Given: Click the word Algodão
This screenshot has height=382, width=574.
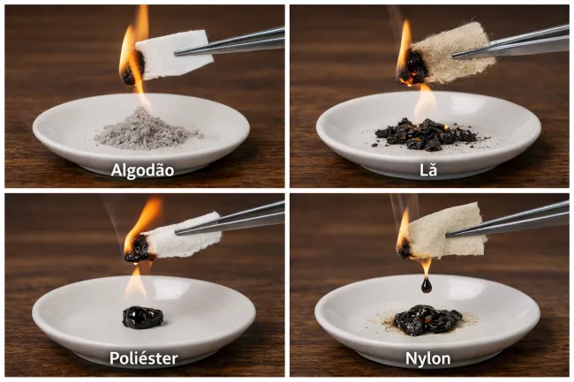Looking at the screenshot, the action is [x=142, y=170].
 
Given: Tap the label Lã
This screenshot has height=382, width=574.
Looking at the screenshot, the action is [x=428, y=169].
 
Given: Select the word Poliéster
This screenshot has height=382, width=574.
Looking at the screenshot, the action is [x=143, y=358].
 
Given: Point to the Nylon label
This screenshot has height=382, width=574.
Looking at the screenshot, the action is [x=428, y=358].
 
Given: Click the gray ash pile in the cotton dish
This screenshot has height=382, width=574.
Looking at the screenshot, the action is [x=147, y=130].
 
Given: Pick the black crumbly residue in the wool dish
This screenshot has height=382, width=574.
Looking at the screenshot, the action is [x=427, y=134].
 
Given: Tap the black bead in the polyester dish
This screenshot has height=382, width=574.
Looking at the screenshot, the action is [x=142, y=317].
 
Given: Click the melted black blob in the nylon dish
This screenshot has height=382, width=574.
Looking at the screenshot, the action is [x=427, y=320].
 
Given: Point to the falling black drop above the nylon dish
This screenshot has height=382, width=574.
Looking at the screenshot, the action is [x=427, y=285].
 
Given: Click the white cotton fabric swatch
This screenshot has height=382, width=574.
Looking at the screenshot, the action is [x=174, y=54].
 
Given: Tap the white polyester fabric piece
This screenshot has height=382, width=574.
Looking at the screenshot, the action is [x=183, y=236].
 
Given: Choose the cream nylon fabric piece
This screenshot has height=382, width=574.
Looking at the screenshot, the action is [x=447, y=230].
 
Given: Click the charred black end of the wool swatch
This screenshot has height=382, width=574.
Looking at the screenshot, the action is [x=413, y=68].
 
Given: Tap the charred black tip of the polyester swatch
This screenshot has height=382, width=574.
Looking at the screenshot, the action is [x=138, y=249].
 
